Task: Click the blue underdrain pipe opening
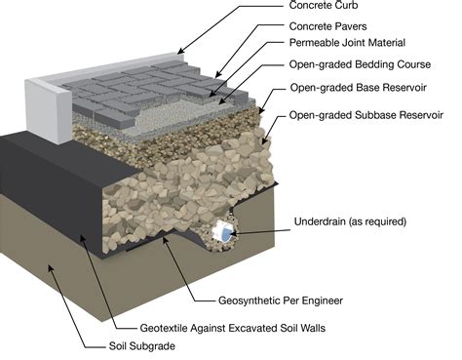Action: [225, 235]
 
